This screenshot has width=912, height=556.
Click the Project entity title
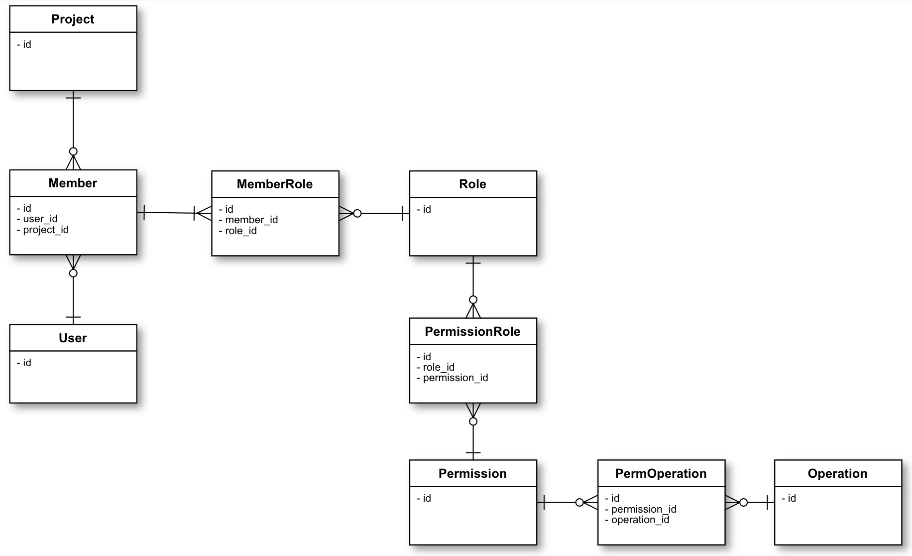tap(73, 19)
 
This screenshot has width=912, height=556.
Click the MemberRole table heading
tap(275, 184)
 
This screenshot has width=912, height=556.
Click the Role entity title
tap(472, 184)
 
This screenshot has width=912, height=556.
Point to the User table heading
tap(73, 338)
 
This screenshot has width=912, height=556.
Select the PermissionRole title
tap(472, 332)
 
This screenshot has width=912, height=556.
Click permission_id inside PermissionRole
tap(455, 378)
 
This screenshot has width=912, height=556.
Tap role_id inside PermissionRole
tap(438, 367)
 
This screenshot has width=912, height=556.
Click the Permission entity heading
tap(472, 474)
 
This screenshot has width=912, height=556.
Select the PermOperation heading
tap(661, 474)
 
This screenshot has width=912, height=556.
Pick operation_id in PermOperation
tap(640, 520)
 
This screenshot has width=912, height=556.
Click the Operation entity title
tap(837, 474)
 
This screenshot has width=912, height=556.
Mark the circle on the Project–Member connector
tap(73, 151)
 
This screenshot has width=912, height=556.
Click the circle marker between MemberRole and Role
tap(357, 214)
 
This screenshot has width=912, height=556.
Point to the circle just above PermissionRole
tap(473, 300)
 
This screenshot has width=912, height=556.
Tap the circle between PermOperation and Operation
tap(743, 503)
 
